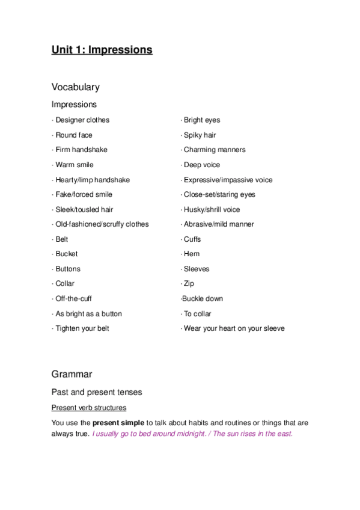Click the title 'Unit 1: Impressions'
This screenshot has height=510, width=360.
(102, 50)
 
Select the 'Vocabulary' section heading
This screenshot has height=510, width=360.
(75, 87)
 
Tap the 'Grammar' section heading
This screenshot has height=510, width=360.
(72, 374)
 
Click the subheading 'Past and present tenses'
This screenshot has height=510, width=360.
(97, 392)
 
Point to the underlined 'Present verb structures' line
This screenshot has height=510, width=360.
(88, 408)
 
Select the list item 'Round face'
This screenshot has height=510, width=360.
(73, 135)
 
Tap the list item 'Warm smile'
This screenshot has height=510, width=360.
(74, 165)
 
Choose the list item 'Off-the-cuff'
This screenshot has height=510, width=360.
(73, 299)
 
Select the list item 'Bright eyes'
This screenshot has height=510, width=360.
(202, 120)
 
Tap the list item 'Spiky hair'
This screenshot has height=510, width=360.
(200, 135)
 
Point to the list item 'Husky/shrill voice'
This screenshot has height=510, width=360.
(212, 210)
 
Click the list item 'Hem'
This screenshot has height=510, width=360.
(192, 254)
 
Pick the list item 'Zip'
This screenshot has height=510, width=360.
(189, 284)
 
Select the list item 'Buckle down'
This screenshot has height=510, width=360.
(203, 299)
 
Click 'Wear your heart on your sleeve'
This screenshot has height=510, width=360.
(234, 328)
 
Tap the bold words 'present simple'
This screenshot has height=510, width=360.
(118, 423)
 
